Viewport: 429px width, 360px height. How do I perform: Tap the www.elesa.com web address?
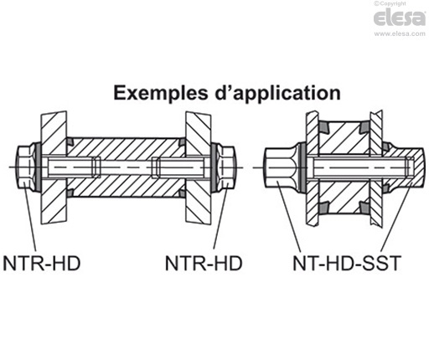(400, 34)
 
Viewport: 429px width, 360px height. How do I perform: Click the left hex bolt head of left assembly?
(25, 168)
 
